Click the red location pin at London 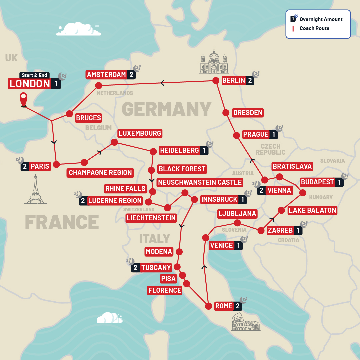23,99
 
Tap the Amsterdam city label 106,75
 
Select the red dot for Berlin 216,80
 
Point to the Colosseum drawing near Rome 246,321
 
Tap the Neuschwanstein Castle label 200,182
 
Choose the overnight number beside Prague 274,134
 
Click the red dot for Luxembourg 114,142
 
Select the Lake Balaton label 312,210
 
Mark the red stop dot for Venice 206,238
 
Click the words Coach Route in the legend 314,28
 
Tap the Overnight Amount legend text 321,19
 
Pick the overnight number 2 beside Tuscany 135,268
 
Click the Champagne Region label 100,173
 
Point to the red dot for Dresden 225,112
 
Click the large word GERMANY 167,109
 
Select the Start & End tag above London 34,75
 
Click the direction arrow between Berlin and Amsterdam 162,83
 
